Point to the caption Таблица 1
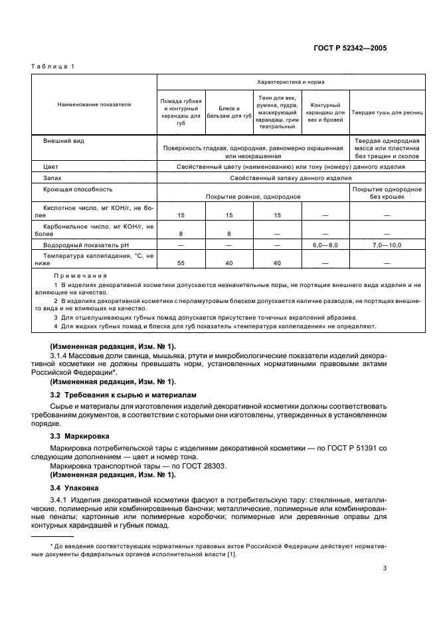[x=54, y=67]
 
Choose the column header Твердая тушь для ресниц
[x=387, y=112]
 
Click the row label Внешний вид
[x=63, y=142]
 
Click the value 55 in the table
[x=181, y=263]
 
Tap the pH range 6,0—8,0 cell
[x=325, y=245]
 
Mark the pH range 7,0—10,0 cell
[x=387, y=245]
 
